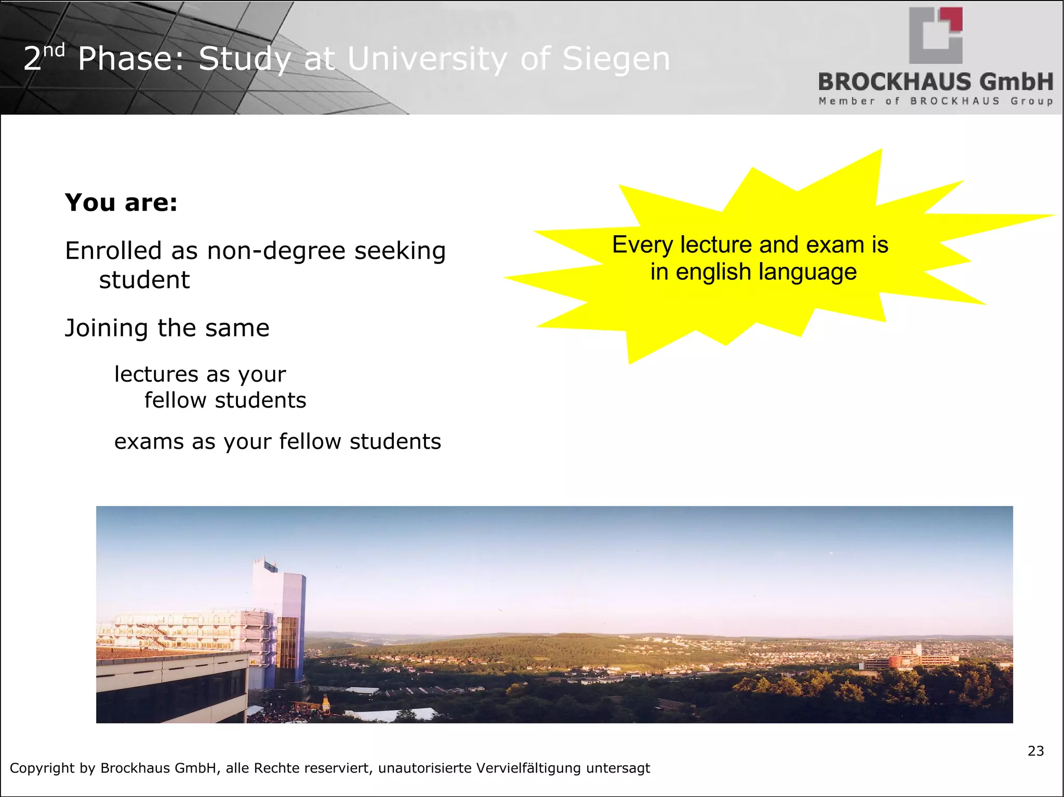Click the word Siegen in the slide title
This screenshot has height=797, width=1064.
[x=616, y=59]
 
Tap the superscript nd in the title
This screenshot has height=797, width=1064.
[x=54, y=51]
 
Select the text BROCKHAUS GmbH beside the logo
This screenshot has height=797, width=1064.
[x=936, y=82]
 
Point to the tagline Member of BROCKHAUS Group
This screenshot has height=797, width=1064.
[x=936, y=101]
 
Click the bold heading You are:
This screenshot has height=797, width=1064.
[x=121, y=202]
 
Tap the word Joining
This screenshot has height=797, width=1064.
[x=107, y=329]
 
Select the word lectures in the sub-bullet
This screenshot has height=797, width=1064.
[x=156, y=374]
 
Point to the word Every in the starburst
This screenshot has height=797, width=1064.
[x=642, y=245]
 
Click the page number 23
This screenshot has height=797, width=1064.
[x=1035, y=751]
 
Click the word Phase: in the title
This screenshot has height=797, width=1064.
[x=131, y=59]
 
